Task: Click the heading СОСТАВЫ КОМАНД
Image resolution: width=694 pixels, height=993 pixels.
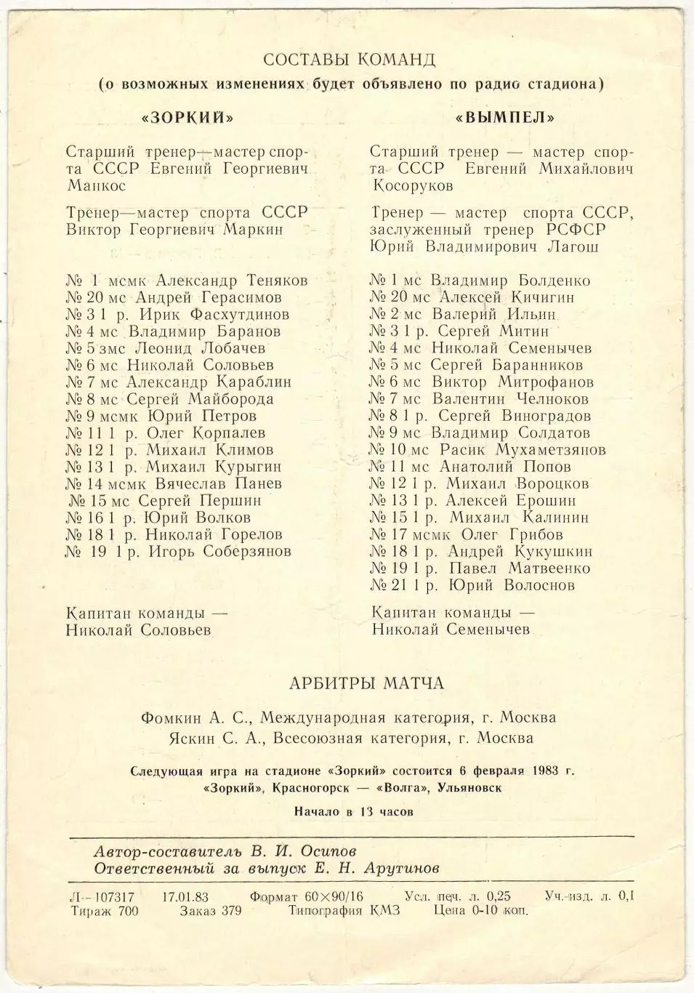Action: (x=349, y=59)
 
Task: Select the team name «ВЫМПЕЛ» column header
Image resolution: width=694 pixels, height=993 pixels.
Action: (x=505, y=117)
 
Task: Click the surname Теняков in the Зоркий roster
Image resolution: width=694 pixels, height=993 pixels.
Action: (x=273, y=281)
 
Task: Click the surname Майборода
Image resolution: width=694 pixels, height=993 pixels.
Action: (x=230, y=399)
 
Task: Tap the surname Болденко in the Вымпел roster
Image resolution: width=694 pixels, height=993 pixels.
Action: (x=554, y=281)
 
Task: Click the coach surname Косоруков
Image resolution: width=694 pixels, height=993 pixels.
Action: (x=413, y=186)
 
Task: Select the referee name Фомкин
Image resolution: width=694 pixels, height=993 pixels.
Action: (x=172, y=718)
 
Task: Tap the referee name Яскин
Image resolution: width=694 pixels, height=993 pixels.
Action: (x=166, y=739)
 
